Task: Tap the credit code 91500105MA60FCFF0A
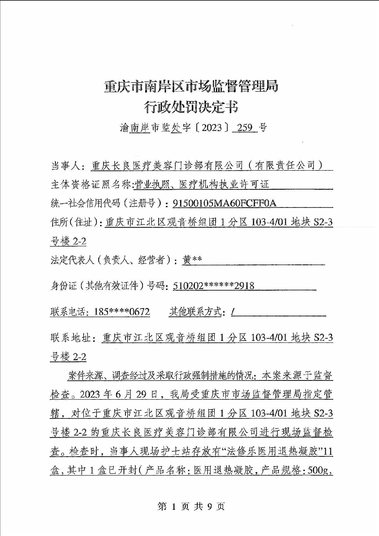click(224, 203)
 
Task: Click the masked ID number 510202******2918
click(213, 286)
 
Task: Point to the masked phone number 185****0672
click(122, 312)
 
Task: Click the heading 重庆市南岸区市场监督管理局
click(191, 87)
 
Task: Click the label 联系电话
click(67, 312)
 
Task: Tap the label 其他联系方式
click(195, 312)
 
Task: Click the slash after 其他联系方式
click(233, 312)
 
